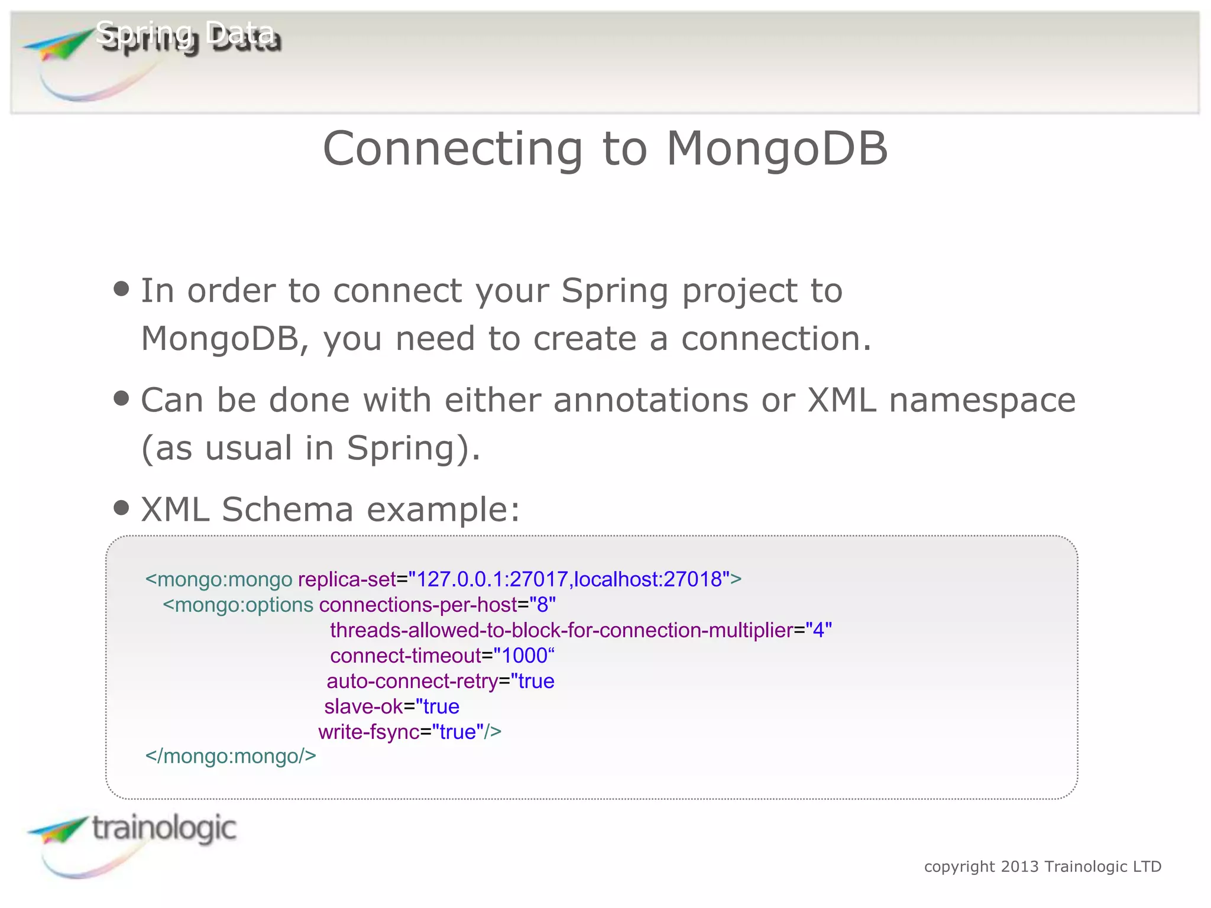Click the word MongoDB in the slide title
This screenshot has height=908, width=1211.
click(x=776, y=148)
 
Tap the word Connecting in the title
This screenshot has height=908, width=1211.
click(x=452, y=150)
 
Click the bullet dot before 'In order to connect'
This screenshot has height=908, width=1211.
click(x=121, y=289)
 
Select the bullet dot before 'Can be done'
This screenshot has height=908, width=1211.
click(x=121, y=398)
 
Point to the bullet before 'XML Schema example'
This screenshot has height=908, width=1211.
click(x=121, y=508)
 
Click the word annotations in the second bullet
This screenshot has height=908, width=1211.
click(x=650, y=400)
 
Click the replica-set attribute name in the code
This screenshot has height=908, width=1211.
click(x=347, y=579)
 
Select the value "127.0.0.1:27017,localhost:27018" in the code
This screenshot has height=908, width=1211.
click(x=569, y=579)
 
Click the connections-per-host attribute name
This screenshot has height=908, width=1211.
click(x=418, y=605)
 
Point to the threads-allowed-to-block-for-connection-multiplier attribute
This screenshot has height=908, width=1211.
click(x=561, y=630)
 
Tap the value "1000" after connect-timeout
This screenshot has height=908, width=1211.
click(x=524, y=656)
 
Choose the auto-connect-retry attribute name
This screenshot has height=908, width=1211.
click(x=412, y=681)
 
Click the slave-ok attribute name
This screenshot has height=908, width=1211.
click(x=364, y=706)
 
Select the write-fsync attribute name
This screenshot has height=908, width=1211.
click(x=369, y=732)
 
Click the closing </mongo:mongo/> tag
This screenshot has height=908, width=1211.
click(x=231, y=756)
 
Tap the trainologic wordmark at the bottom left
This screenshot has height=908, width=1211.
click(x=164, y=829)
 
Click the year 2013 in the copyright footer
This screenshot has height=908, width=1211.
click(x=1020, y=867)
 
